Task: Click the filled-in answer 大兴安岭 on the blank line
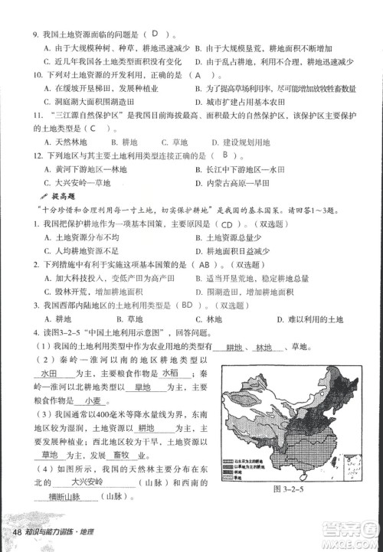(x=87, y=483)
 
